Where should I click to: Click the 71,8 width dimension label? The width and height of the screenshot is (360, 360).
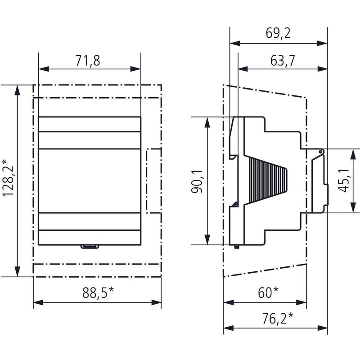click(x=88, y=61)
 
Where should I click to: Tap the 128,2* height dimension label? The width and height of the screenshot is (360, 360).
click(x=8, y=177)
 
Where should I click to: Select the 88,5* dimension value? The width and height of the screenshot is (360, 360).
click(x=98, y=292)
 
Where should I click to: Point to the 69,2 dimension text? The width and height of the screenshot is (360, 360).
click(x=278, y=33)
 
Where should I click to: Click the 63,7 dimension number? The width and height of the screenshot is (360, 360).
click(x=283, y=61)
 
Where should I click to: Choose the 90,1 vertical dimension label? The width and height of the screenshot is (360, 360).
click(x=197, y=181)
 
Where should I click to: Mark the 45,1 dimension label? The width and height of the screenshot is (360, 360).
click(x=344, y=181)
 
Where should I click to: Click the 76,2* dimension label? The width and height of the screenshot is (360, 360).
click(x=278, y=319)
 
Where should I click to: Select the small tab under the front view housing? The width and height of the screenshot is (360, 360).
click(x=90, y=247)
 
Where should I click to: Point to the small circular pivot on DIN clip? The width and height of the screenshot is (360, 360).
click(x=320, y=152)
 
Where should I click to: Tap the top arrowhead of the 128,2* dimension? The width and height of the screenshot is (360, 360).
click(x=17, y=90)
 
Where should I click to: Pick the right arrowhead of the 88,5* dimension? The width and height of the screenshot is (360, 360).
click(x=156, y=302)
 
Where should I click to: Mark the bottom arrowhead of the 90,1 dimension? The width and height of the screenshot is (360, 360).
click(x=207, y=239)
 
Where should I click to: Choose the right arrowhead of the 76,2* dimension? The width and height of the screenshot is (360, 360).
click(x=322, y=328)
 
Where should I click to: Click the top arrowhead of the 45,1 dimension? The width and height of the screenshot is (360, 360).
click(x=353, y=154)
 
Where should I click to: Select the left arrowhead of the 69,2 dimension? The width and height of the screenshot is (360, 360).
click(x=235, y=43)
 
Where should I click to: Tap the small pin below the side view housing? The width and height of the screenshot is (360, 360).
click(x=237, y=247)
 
